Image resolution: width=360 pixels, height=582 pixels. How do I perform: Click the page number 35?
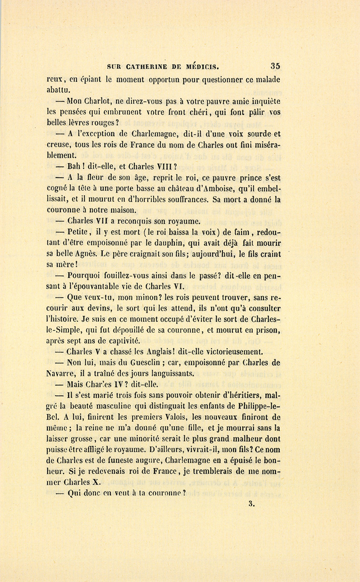coord(275,66)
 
